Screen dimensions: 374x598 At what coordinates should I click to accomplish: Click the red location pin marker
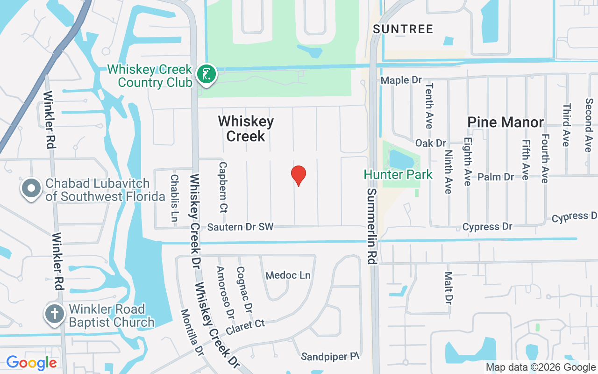pyautogui.click(x=299, y=175)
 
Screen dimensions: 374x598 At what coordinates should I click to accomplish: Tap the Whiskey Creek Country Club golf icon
pyautogui.click(x=206, y=74)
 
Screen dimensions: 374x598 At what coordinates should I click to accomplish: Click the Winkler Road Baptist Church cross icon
pyautogui.click(x=55, y=314)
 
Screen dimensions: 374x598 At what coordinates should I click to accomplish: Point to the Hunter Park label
pyautogui.click(x=398, y=175)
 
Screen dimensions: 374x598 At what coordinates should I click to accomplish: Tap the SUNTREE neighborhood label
pyautogui.click(x=403, y=29)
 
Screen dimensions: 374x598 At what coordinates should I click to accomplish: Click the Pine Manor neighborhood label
pyautogui.click(x=505, y=122)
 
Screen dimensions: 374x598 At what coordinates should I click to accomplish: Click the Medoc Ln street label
pyautogui.click(x=288, y=275)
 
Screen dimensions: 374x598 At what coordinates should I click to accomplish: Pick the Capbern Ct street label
pyautogui.click(x=223, y=187)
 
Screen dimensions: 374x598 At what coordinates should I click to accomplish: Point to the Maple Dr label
pyautogui.click(x=401, y=80)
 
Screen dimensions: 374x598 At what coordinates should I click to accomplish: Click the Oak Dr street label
pyautogui.click(x=431, y=143)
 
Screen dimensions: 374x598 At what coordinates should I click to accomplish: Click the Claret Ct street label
pyautogui.click(x=245, y=327)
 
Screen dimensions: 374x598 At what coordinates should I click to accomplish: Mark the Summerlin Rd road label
pyautogui.click(x=372, y=226)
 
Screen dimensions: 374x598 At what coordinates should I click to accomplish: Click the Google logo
pyautogui.click(x=31, y=363)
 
